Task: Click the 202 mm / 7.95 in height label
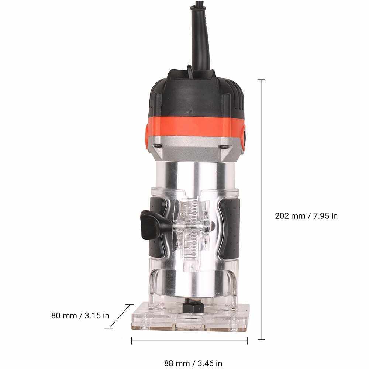tap(306, 216)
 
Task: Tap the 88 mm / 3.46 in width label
tap(193, 363)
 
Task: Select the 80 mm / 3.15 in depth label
tap(80, 315)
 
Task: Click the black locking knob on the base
tap(152, 225)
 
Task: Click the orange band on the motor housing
tap(195, 126)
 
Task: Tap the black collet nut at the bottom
tap(193, 307)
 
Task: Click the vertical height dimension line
tap(261, 210)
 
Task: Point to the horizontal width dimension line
tap(189, 341)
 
